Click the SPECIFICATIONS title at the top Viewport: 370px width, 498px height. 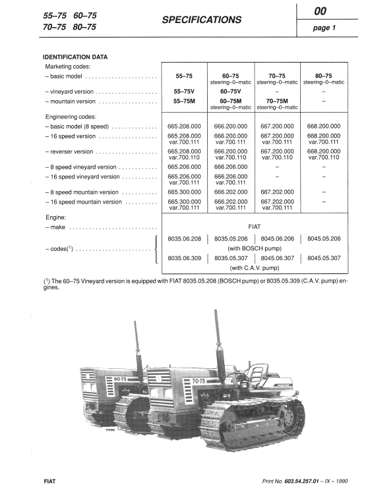coord(201,20)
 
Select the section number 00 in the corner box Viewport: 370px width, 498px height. coord(330,11)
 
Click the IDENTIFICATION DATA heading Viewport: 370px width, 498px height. coord(75,57)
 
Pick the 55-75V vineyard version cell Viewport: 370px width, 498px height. coord(185,92)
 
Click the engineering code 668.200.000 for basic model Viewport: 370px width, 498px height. coord(324,125)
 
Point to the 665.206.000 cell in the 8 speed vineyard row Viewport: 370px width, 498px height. coord(185,167)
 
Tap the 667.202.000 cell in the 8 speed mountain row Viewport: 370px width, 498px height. coord(276,191)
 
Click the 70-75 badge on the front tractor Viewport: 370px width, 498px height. coord(200,381)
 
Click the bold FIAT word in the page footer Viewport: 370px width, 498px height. coord(49,483)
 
